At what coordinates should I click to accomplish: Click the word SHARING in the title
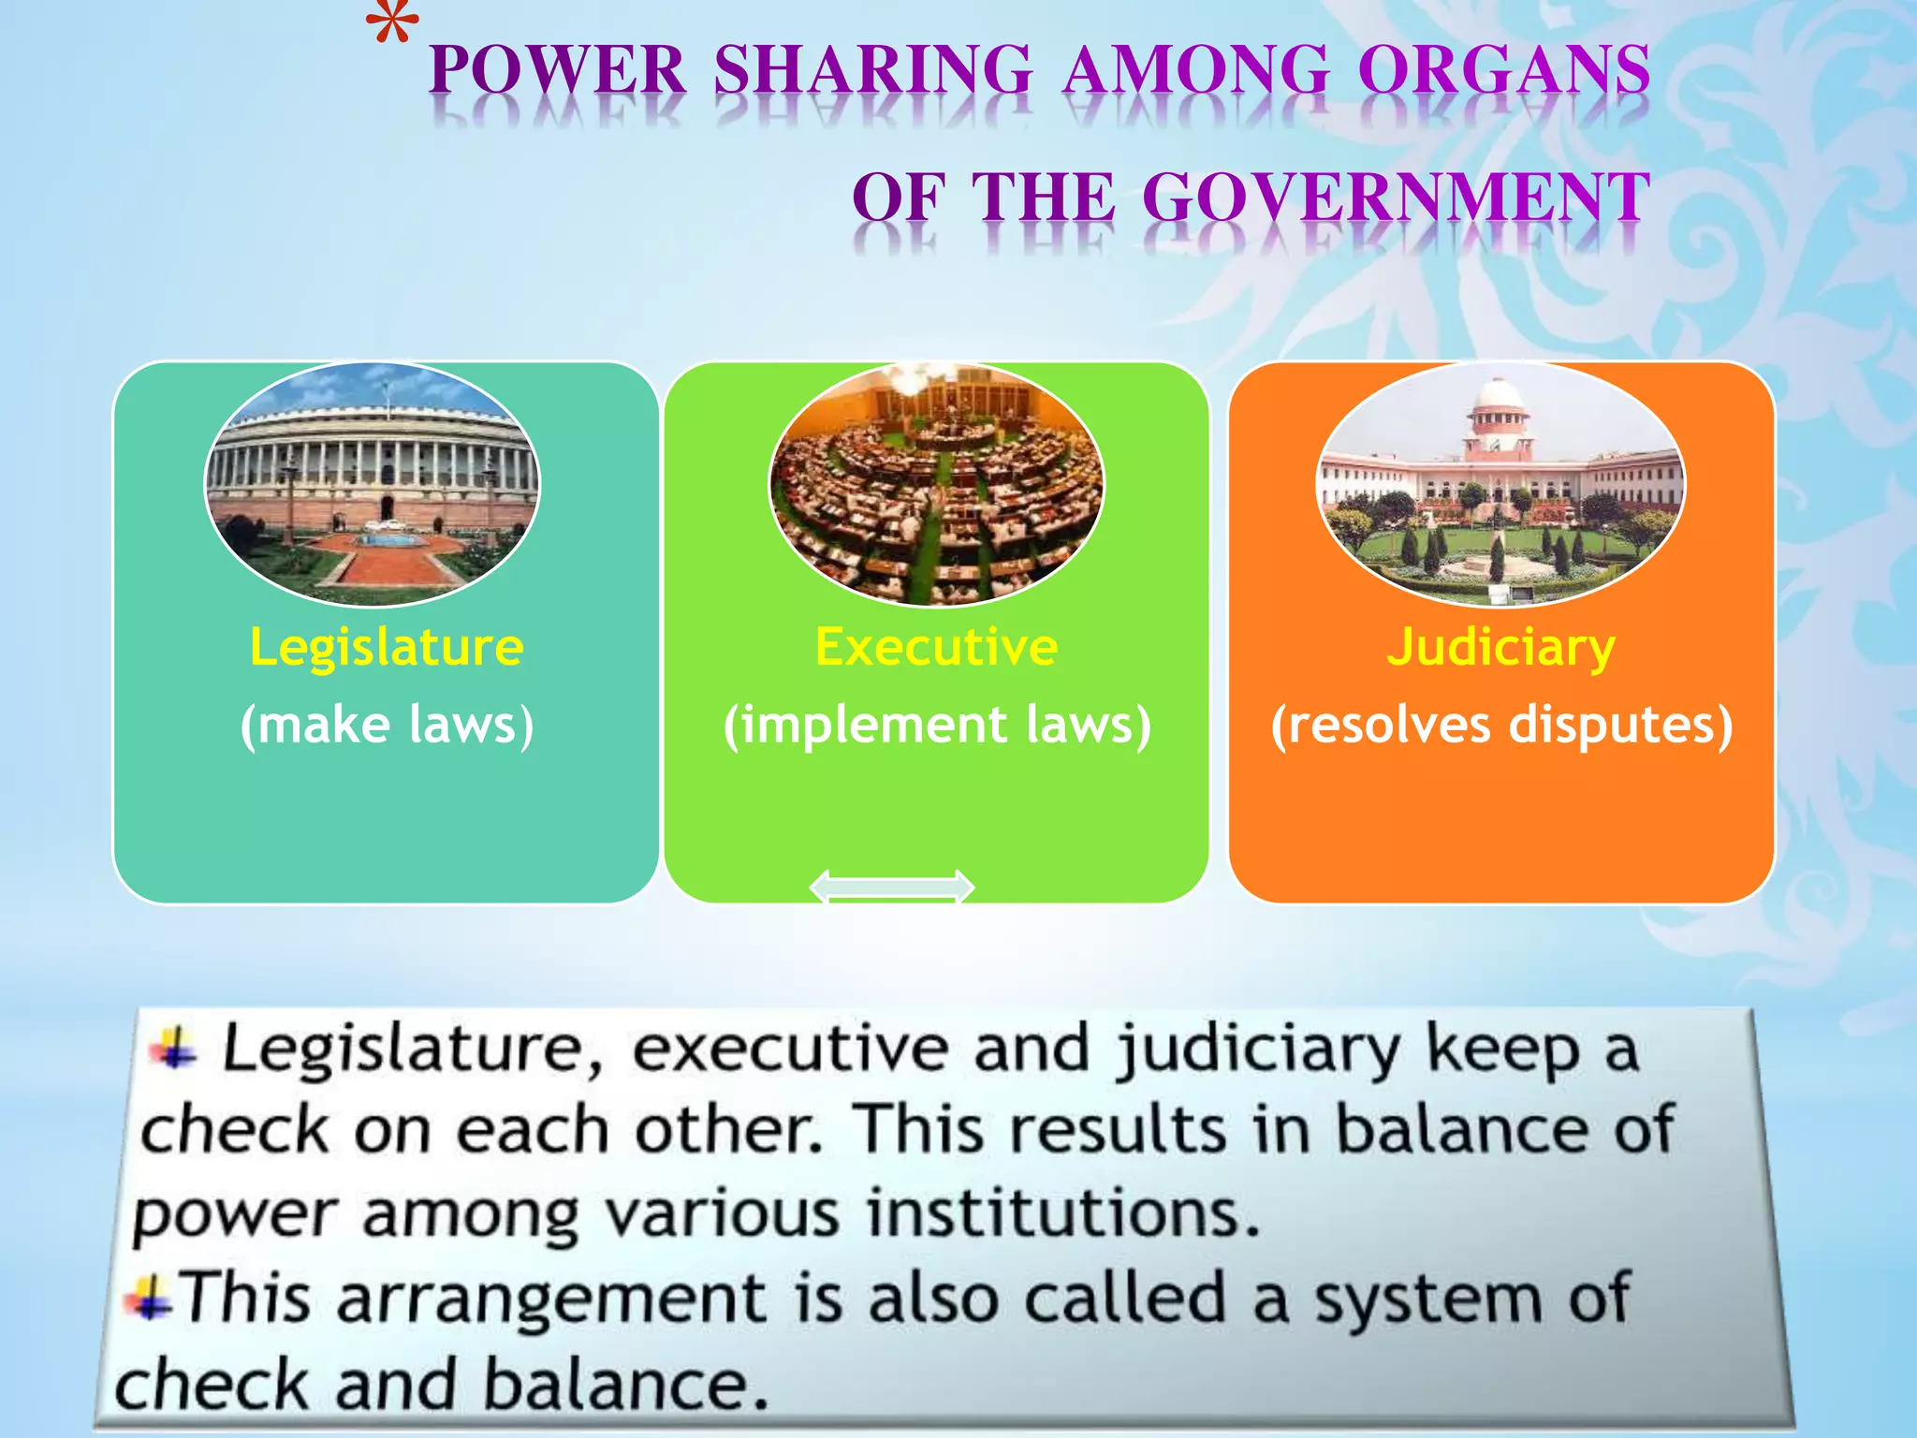(x=872, y=70)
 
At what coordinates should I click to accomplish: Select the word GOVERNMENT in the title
(x=1395, y=198)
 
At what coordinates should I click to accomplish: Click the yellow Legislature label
(x=386, y=647)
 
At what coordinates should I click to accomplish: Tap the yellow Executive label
(x=936, y=647)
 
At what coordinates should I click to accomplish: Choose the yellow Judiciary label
(x=1500, y=647)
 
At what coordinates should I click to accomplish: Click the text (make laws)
(x=387, y=726)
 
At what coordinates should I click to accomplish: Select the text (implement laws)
(x=937, y=726)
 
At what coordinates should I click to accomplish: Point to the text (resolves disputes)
(x=1501, y=726)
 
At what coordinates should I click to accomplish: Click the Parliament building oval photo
(x=373, y=484)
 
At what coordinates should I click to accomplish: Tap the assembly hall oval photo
(x=936, y=484)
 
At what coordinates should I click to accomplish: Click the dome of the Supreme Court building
(x=1498, y=398)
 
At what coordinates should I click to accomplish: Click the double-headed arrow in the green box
(x=891, y=886)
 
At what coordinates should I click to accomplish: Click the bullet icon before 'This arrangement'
(x=150, y=1300)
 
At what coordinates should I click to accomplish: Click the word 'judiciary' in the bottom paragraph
(x=1257, y=1050)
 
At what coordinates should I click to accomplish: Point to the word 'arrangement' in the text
(x=551, y=1300)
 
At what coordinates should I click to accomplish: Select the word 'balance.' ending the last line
(x=625, y=1385)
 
